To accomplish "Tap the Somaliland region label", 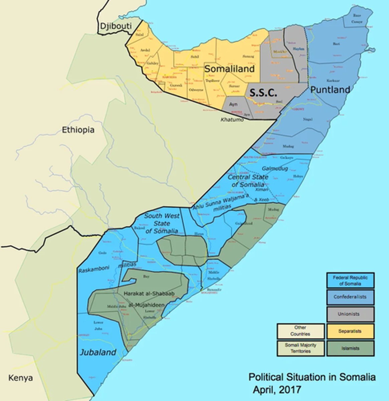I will pos(229,69).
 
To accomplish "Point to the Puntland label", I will pos(330,90).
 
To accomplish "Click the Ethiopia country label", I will pos(78,130).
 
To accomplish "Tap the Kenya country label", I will pos(21,378).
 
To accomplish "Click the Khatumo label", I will pos(232,120).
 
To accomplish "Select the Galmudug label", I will pos(275,169).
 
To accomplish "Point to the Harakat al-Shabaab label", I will pos(149,293).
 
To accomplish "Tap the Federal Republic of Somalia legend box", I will pos(350,280).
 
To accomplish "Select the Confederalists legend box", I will pos(350,297).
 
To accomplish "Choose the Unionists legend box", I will pos(350,314).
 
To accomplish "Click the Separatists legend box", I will pos(350,331).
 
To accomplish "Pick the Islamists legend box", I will pos(350,348).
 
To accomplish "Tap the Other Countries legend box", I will pos(300,331).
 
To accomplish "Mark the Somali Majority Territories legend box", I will pos(300,348).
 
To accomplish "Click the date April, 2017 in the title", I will pos(277,390).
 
